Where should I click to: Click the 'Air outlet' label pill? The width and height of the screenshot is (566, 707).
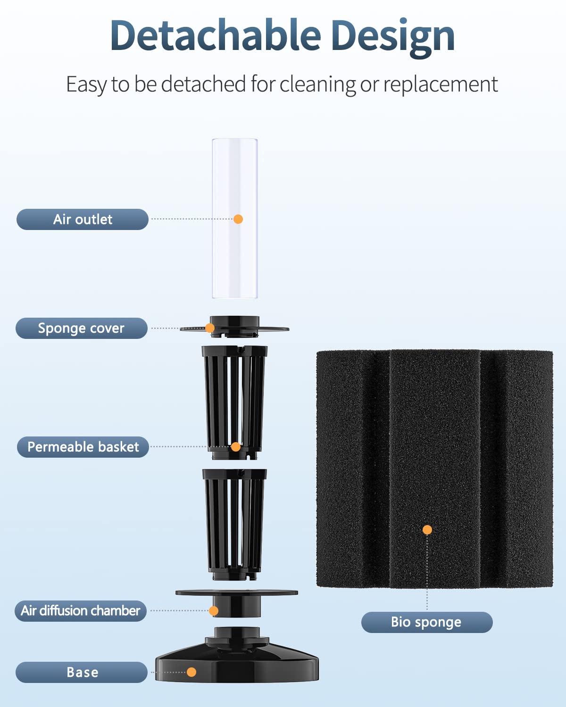83,220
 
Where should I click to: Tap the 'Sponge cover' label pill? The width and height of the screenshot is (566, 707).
82,328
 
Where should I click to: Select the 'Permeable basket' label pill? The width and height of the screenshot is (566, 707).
83,447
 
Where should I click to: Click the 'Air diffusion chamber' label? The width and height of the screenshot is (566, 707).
81,611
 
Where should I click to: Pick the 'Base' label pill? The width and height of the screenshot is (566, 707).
82,672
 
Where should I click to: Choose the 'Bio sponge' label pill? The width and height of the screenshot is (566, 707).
427,622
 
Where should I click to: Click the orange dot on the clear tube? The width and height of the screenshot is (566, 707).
238,219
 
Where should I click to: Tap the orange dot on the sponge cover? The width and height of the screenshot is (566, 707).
210,328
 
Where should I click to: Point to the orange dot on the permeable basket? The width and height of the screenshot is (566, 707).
236,447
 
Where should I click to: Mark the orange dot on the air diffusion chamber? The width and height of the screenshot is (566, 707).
214,611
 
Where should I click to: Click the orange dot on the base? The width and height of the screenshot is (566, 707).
191,672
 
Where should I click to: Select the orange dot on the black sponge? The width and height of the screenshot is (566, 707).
427,530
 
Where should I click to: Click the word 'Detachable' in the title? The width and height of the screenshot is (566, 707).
216,36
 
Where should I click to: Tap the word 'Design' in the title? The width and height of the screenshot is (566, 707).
393,37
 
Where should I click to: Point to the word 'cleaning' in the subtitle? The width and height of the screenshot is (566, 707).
317,85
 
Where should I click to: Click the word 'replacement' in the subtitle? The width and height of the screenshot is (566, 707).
440,85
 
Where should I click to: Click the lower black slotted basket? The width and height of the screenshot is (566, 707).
234,523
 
